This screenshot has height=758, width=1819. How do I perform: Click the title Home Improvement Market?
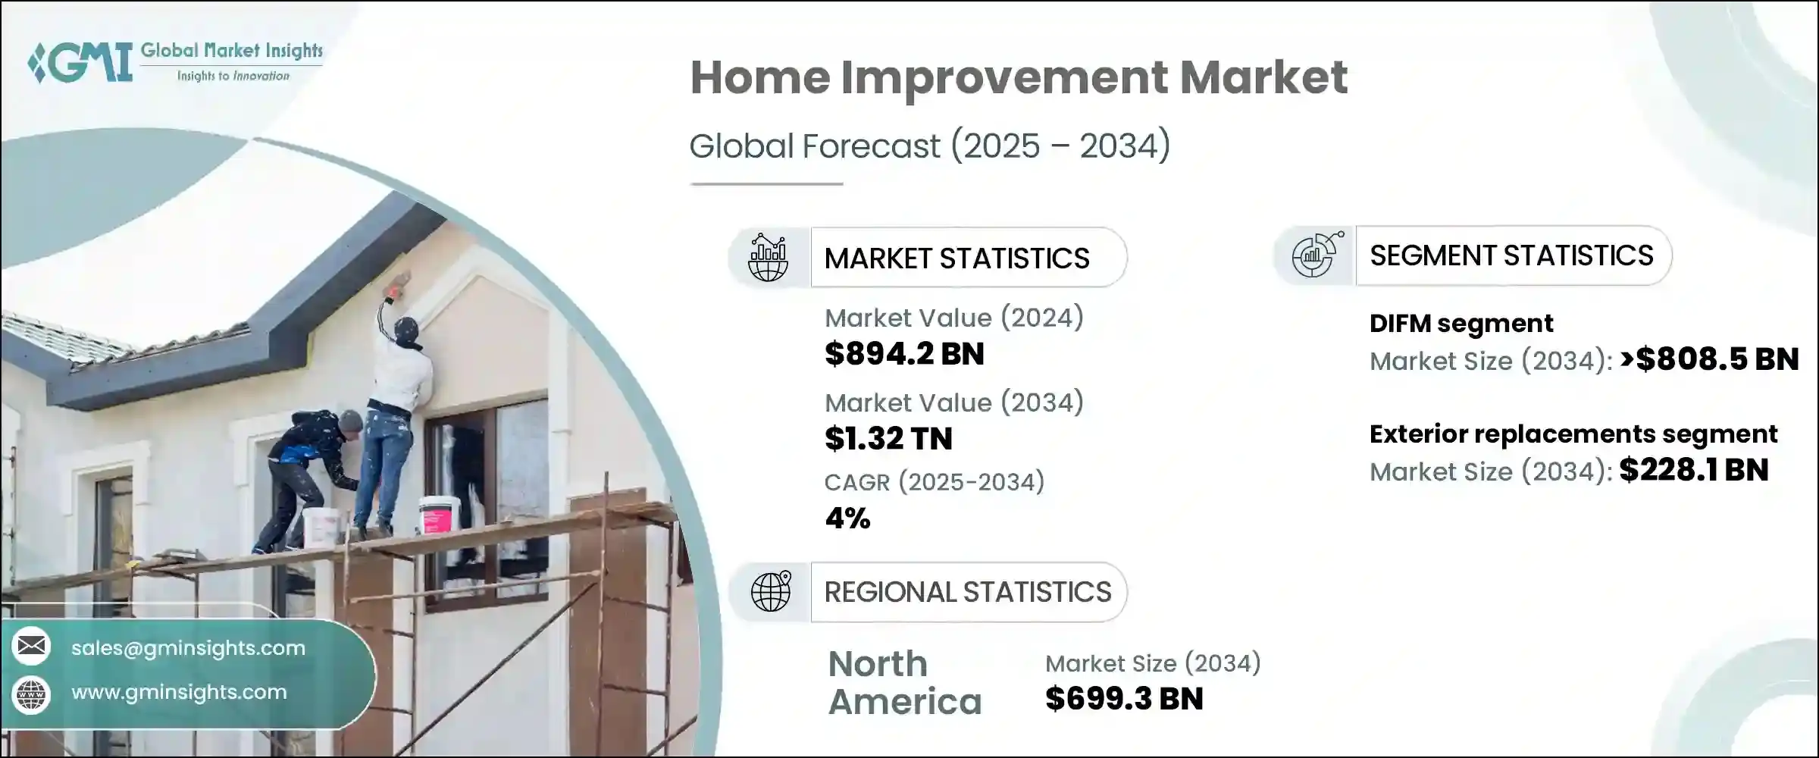tap(1018, 77)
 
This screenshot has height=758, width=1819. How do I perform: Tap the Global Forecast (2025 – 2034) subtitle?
tap(929, 146)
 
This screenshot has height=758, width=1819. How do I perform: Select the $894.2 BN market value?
tap(903, 354)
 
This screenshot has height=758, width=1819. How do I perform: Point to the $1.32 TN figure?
tap(888, 439)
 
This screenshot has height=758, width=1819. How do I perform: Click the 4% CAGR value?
tap(847, 518)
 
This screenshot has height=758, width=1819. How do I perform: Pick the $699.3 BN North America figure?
tap(1123, 699)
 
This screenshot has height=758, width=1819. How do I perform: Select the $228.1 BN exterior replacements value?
tap(1693, 470)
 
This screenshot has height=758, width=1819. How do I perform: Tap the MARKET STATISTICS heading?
tap(956, 258)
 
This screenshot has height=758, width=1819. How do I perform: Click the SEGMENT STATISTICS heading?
tap(1511, 256)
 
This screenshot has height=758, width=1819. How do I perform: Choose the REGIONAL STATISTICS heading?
tap(967, 592)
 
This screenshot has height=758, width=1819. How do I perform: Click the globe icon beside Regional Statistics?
tap(770, 591)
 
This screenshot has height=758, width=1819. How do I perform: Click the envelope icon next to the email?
tap(31, 647)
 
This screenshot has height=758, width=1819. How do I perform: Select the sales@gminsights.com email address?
tap(188, 648)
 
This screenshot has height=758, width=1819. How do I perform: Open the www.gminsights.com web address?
tap(179, 692)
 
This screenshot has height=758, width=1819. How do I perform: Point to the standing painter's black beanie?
tap(407, 327)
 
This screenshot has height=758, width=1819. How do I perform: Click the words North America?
tap(903, 682)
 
